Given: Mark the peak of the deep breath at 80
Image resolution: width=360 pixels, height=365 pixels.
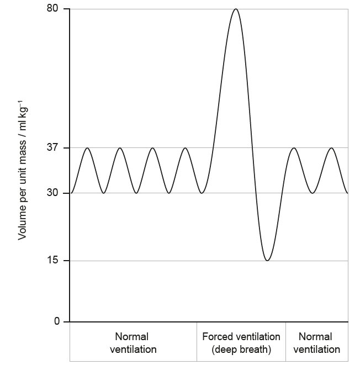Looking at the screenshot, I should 236,9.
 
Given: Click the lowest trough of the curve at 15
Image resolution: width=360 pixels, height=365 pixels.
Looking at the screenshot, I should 268,260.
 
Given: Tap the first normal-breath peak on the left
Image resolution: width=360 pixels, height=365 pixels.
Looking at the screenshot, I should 87,148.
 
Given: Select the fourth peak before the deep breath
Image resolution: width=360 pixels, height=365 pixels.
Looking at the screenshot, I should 186,148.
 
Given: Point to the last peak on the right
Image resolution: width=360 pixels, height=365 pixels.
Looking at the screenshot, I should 331,148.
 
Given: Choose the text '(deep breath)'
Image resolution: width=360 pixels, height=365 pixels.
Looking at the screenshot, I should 241,350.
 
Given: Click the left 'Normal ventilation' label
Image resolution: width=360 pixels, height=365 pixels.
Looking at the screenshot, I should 133,343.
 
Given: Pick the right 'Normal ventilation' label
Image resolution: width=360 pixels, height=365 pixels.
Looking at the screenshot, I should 316,343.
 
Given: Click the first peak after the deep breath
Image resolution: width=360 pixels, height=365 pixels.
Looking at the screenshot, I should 294,148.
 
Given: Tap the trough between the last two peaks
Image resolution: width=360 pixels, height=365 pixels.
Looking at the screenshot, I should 313,193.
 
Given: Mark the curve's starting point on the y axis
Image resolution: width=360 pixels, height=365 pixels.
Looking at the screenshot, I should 71,193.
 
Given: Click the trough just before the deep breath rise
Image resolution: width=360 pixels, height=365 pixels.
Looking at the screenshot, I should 202,193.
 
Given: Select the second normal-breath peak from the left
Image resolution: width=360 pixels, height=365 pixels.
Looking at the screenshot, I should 120,148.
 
